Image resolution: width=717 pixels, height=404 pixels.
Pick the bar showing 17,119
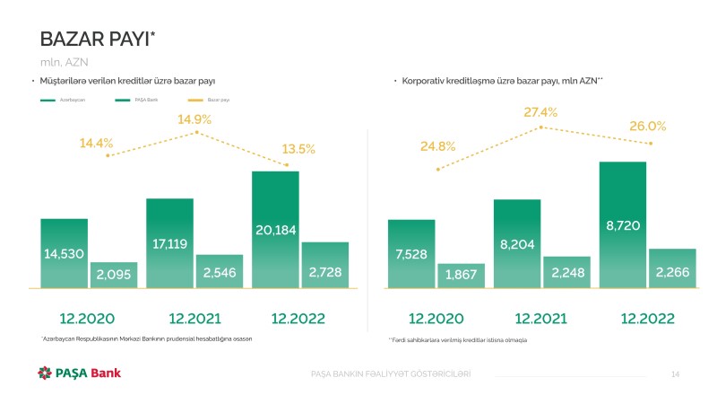[x=169, y=243]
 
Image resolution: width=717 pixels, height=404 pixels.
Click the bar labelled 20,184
[x=275, y=230]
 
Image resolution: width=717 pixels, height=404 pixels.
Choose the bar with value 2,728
[x=324, y=266]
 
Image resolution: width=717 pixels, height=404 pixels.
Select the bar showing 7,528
[x=411, y=254]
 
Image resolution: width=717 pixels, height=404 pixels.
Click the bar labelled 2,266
[x=672, y=268]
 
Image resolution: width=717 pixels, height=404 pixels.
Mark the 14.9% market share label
[x=194, y=119]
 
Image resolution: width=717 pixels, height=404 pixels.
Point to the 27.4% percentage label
[x=540, y=112]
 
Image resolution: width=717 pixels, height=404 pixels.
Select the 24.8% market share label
[x=437, y=145]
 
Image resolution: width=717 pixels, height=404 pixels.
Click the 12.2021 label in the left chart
[x=194, y=318]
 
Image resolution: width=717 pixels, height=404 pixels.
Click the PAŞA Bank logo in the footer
[x=79, y=373]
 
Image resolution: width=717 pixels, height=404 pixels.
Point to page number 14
[x=676, y=373]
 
